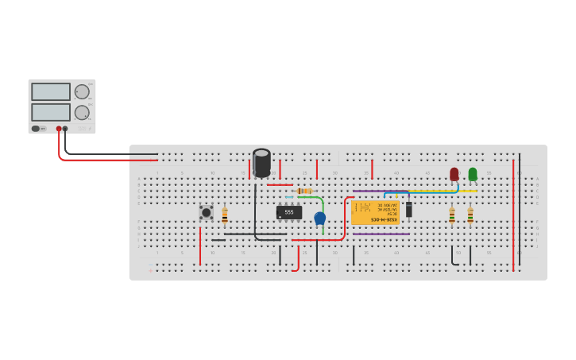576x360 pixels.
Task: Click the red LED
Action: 454,174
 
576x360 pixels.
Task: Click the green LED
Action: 473,174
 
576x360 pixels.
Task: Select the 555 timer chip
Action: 289,212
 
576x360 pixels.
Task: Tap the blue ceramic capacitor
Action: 320,218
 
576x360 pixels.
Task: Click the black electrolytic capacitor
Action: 261,162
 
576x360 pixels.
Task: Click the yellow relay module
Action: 375,212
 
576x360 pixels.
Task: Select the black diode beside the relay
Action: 409,210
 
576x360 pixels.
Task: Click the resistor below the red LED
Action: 452,215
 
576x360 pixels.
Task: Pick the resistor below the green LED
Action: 470,215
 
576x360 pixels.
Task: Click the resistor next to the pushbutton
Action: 225,215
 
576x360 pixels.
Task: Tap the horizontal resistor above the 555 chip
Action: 303,191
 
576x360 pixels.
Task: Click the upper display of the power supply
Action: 51,92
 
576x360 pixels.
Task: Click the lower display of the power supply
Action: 51,112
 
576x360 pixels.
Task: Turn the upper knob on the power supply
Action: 82,91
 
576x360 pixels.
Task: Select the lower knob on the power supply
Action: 82,112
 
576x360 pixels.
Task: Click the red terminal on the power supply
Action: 59,129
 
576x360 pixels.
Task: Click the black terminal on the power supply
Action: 65,129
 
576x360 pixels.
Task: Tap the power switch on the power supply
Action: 37,129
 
